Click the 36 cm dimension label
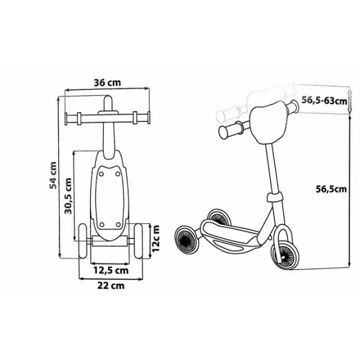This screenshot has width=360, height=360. point(107,83)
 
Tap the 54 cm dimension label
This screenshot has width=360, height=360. point(53,175)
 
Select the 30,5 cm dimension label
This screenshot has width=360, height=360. point(68,196)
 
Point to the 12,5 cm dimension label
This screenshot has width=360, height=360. point(110,270)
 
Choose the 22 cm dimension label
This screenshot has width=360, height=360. point(111,286)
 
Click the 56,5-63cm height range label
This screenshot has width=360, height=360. point(324,100)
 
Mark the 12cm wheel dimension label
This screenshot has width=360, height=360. point(156,239)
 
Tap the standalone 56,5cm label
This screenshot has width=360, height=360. point(331,189)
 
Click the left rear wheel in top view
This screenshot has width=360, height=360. point(83,241)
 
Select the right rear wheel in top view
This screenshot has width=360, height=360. point(138,241)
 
